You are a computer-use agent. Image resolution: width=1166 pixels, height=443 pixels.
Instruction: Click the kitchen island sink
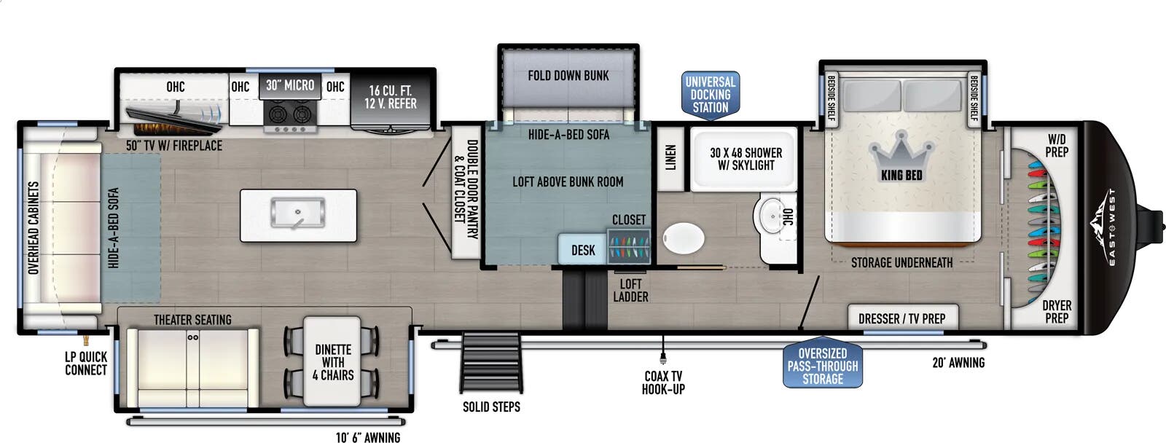click(298, 213)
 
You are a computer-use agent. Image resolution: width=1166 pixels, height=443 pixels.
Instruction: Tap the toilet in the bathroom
click(684, 239)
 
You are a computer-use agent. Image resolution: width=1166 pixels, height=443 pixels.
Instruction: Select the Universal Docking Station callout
click(711, 95)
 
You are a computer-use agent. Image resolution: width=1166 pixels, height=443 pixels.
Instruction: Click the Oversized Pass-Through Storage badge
click(823, 366)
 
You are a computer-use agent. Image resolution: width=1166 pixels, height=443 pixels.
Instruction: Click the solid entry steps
click(491, 362)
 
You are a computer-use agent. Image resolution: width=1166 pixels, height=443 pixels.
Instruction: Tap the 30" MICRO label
click(290, 85)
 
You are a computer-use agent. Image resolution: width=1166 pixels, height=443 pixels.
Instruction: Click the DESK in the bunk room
click(583, 251)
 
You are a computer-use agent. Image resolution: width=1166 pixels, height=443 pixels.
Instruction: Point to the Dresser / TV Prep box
click(903, 317)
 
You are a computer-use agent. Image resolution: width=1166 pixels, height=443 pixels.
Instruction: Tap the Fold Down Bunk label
click(568, 76)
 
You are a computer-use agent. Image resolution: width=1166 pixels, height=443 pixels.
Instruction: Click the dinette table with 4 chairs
click(332, 361)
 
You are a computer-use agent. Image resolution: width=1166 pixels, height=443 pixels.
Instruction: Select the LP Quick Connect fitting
click(86, 339)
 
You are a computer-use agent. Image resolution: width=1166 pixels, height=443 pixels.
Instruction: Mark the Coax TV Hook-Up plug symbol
click(662, 358)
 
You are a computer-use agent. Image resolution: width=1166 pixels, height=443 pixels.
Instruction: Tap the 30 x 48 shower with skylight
click(745, 159)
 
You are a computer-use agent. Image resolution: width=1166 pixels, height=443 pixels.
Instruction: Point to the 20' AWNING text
click(958, 363)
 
